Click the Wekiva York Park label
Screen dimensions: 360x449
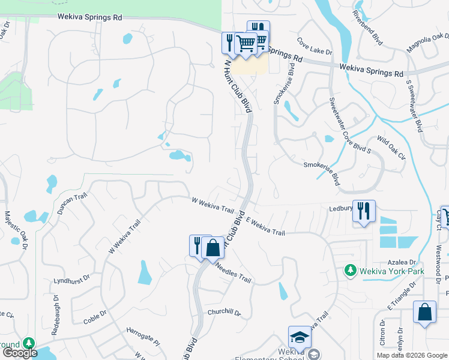pyautogui.click(x=392, y=271)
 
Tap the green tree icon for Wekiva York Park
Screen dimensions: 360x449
pyautogui.click(x=351, y=271)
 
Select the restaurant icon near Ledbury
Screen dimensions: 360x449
pyautogui.click(x=364, y=211)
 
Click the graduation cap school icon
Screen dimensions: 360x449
pyautogui.click(x=300, y=337)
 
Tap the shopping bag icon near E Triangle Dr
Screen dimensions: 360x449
pyautogui.click(x=424, y=312)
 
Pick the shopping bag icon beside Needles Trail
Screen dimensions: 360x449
pyautogui.click(x=212, y=247)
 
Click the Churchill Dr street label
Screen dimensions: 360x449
pyautogui.click(x=224, y=313)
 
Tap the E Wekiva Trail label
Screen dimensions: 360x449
pyautogui.click(x=264, y=226)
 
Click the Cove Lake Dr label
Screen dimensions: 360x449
pyautogui.click(x=310, y=47)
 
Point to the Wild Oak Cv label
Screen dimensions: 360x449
pyautogui.click(x=391, y=148)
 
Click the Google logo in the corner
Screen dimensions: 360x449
pyautogui.click(x=20, y=353)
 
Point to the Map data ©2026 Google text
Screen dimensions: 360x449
pyautogui.click(x=411, y=355)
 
